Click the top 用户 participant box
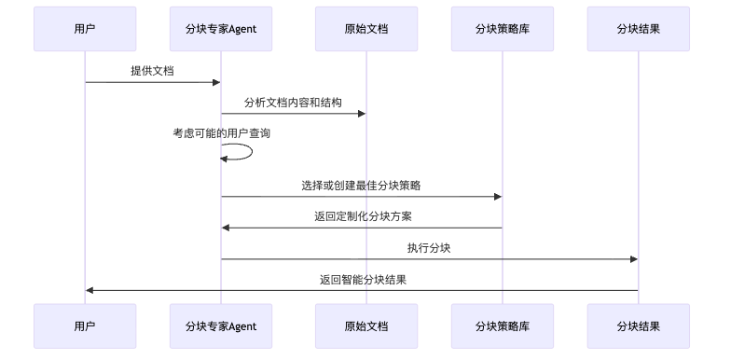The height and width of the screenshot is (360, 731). click(85, 29)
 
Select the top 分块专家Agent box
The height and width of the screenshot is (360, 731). click(221, 29)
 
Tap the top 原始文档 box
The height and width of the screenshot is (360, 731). click(365, 29)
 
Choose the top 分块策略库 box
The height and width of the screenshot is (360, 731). click(502, 29)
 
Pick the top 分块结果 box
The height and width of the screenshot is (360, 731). click(639, 29)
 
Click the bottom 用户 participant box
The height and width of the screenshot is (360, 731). click(85, 325)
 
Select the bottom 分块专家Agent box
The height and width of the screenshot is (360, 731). click(221, 325)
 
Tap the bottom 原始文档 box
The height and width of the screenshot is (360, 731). click(365, 325)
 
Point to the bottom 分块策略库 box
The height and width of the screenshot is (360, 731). click(502, 325)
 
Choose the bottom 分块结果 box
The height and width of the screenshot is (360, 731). click(639, 325)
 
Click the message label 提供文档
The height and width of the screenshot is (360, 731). click(152, 71)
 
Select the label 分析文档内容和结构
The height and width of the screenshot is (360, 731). click(293, 103)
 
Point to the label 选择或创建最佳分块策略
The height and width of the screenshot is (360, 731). click(361, 186)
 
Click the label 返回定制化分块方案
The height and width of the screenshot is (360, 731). click(363, 216)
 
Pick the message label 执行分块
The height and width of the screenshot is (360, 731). click(430, 248)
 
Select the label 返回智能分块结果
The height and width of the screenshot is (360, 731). click(363, 279)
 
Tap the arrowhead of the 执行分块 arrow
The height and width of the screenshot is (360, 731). click(633, 259)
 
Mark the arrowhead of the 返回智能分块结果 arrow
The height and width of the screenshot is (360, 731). click(90, 290)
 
